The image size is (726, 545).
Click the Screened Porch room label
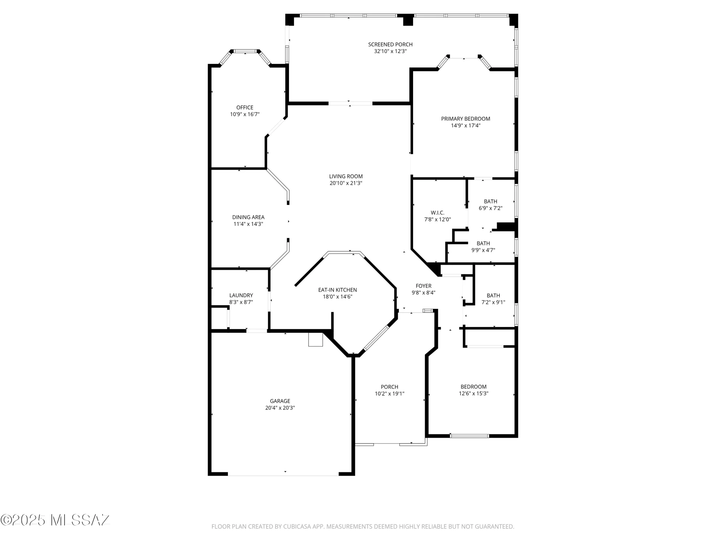(x=390, y=44)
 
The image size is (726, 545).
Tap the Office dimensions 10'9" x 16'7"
(x=245, y=114)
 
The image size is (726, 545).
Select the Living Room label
(x=346, y=177)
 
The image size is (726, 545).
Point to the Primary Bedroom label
(x=465, y=119)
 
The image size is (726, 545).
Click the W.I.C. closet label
(x=437, y=213)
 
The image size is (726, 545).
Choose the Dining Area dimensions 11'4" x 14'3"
(x=248, y=224)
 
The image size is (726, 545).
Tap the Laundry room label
(x=241, y=295)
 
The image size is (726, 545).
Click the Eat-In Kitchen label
(x=337, y=290)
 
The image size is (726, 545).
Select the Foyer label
(x=424, y=286)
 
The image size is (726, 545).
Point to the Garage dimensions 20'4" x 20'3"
(x=280, y=408)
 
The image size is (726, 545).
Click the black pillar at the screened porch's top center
(x=408, y=20)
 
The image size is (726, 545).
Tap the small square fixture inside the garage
(x=315, y=339)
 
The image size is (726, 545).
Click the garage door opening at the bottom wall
(x=283, y=474)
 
